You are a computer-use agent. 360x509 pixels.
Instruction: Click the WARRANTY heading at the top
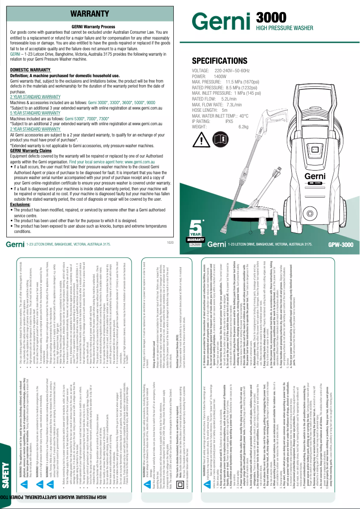93,13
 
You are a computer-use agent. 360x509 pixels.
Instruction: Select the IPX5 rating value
229,121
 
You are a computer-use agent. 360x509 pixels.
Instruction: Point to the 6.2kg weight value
243,127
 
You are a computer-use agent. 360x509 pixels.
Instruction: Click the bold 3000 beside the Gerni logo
271,17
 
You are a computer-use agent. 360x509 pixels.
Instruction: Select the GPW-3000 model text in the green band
341,245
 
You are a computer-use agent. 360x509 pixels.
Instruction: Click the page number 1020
170,242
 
